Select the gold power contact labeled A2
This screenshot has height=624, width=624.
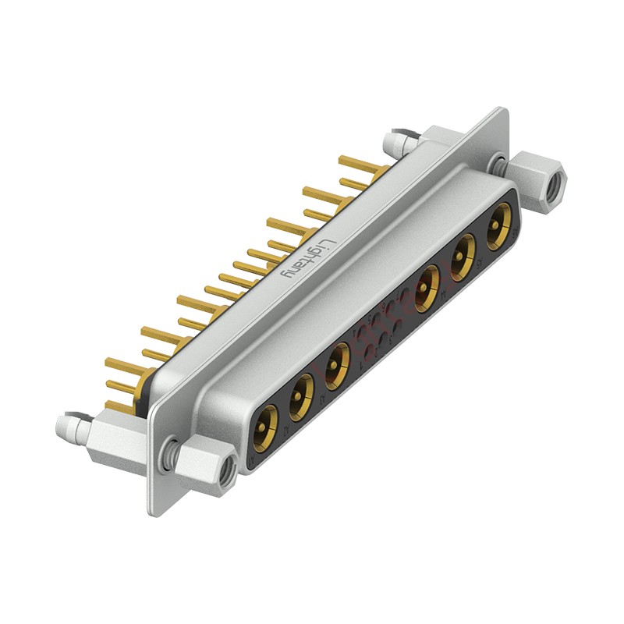tap(301, 395)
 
